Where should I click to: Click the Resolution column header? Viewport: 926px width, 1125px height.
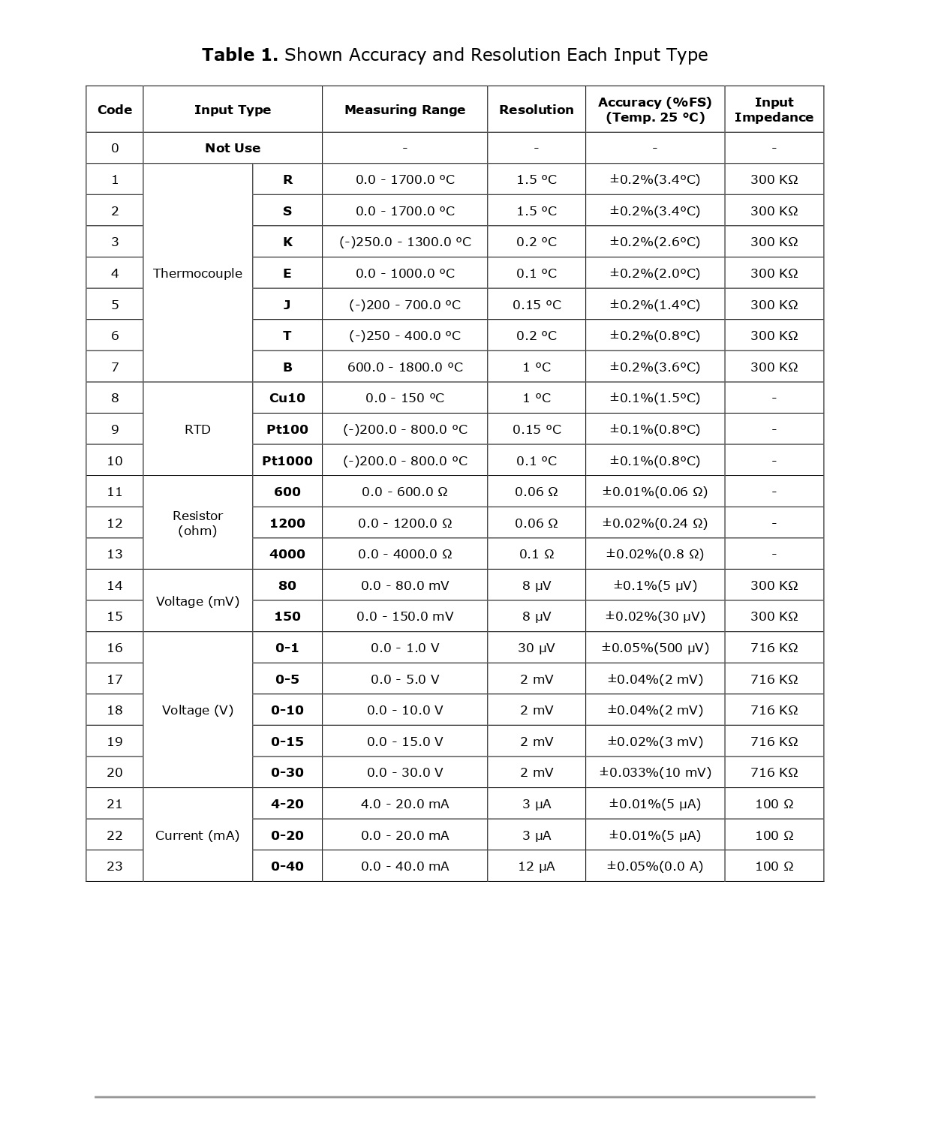coord(536,110)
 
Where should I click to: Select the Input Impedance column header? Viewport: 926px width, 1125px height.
coord(774,110)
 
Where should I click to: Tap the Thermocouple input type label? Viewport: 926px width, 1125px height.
coord(197,273)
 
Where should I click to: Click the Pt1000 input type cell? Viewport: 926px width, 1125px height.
coord(287,461)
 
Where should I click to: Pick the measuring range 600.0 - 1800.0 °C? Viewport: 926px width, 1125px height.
coord(404,367)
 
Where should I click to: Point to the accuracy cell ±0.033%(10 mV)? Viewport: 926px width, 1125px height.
coord(655,772)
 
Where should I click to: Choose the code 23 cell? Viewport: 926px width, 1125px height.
coord(115,866)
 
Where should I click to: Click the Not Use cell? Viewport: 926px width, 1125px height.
coord(233,148)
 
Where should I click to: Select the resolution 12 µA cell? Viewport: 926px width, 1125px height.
coord(536,866)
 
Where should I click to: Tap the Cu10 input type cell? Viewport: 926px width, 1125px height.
coord(287,398)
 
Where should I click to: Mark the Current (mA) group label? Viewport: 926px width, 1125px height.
coord(197,835)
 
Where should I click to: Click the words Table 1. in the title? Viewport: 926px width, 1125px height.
coord(240,55)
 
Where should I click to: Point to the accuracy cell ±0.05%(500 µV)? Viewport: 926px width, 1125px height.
coord(655,648)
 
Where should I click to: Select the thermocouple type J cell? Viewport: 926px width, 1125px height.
coord(287,305)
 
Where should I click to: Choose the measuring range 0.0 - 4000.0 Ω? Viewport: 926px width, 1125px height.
coord(404,554)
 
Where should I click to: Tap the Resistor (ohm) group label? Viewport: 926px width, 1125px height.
coord(197,523)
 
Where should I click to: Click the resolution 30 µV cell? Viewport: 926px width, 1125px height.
coord(536,648)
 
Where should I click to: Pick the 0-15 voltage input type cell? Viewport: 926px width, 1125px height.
coord(287,741)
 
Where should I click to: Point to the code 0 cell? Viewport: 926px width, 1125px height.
coord(115,148)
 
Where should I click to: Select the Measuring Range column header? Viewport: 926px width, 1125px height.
coord(404,110)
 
